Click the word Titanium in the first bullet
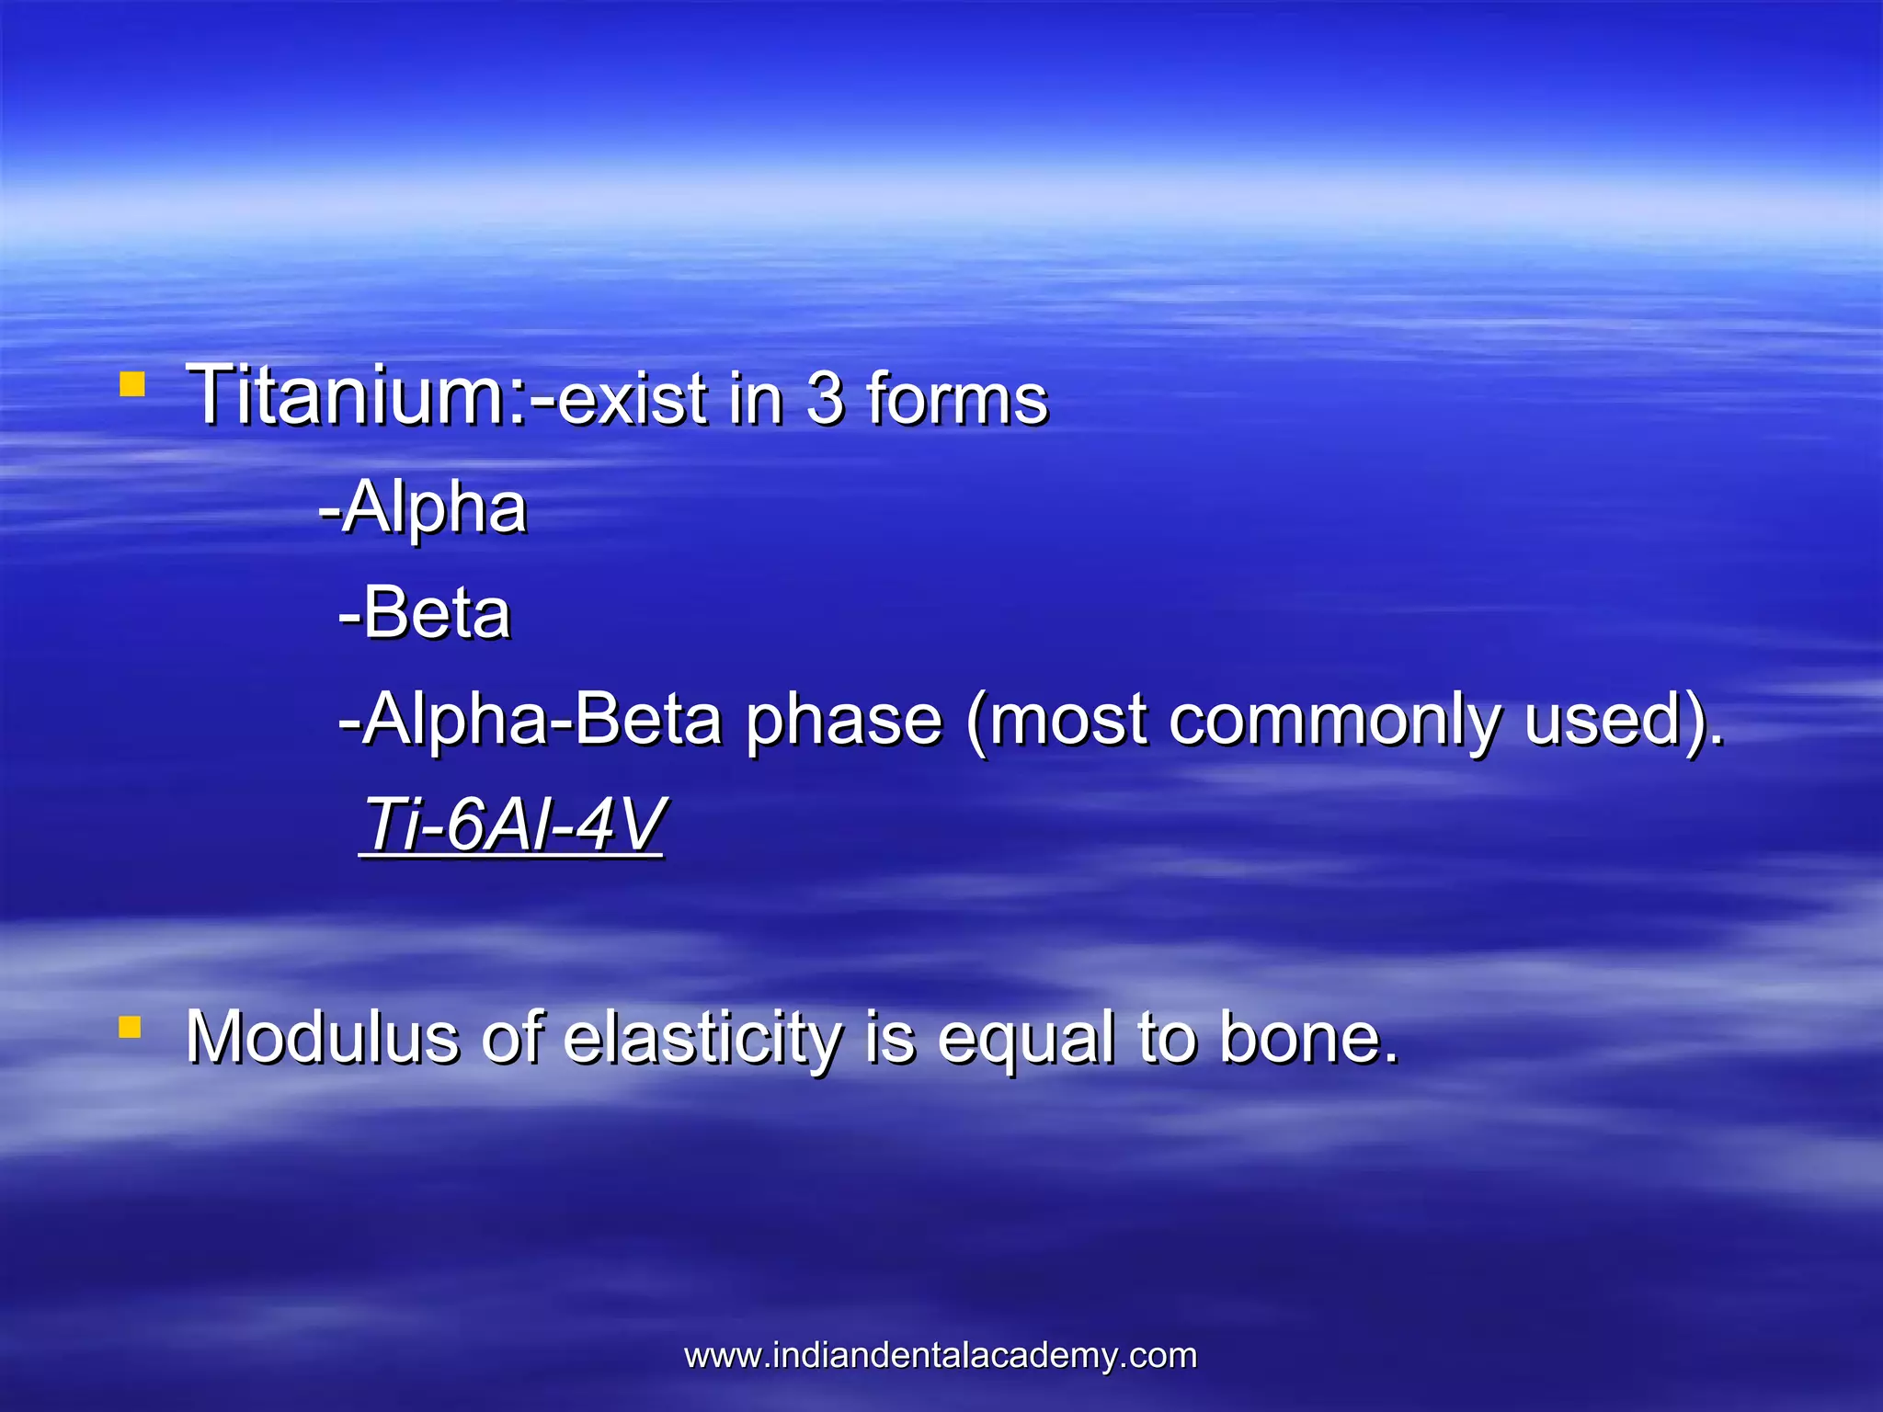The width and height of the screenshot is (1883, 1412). (x=354, y=395)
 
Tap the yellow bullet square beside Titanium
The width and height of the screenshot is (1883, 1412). (x=132, y=384)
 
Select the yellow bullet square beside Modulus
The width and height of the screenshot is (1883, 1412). (x=130, y=1027)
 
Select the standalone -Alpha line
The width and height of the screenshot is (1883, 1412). (x=423, y=507)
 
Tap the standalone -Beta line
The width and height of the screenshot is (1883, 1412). (x=425, y=613)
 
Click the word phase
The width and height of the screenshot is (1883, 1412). (x=843, y=720)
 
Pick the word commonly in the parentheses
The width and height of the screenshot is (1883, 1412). (x=1333, y=720)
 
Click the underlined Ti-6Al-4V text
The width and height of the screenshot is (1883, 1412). (x=511, y=825)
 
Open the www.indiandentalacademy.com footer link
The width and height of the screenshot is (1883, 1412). (x=941, y=1356)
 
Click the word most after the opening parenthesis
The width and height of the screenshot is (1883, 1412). (x=1067, y=720)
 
